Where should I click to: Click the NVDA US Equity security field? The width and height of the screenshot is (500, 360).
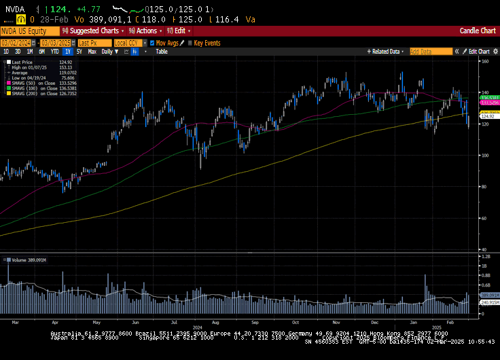point(29,31)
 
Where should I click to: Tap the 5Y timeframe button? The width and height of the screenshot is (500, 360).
point(79,52)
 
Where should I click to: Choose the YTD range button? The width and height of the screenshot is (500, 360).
point(54,52)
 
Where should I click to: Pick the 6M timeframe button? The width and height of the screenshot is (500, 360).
point(41,52)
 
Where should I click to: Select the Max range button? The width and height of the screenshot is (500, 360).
point(92,52)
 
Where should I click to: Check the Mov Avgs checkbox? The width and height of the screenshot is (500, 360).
point(152,43)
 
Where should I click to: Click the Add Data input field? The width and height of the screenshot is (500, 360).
point(430,52)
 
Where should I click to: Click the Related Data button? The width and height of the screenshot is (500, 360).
point(385,52)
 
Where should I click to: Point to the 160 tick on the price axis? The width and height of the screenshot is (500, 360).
point(486,61)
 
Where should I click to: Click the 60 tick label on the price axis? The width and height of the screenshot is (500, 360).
point(485,219)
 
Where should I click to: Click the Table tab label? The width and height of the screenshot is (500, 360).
point(161,52)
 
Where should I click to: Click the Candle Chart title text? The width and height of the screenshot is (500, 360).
point(478,31)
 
